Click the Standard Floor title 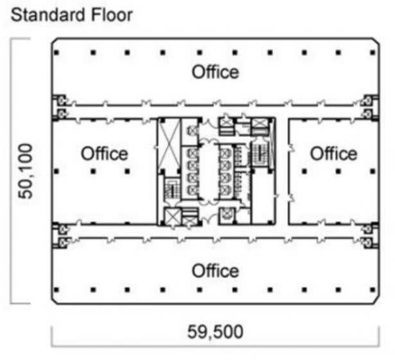point(72,15)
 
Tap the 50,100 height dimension point(25,171)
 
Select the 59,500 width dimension point(215,332)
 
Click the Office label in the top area point(215,72)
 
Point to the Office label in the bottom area point(215,271)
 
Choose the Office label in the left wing point(104,154)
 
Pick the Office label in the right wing point(333,154)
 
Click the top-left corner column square point(57,53)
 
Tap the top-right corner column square point(373,53)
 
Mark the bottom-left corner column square point(57,290)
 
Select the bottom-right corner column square point(373,290)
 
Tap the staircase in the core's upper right point(260,153)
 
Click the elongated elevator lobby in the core point(208,172)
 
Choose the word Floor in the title point(112,15)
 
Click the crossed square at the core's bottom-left point(173,216)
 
